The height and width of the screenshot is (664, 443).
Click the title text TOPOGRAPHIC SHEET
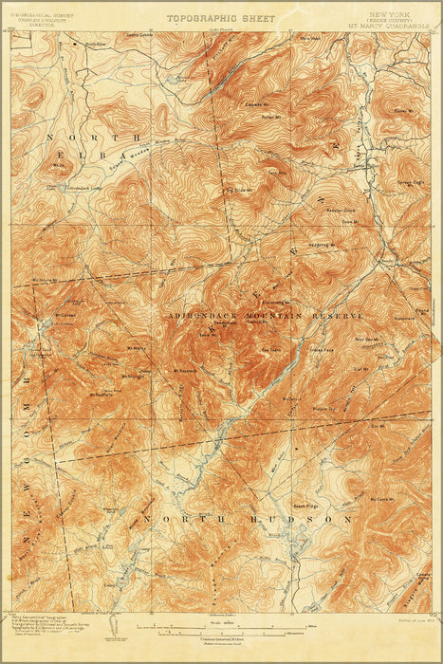(x=220, y=18)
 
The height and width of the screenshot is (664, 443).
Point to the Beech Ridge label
(x=304, y=505)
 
